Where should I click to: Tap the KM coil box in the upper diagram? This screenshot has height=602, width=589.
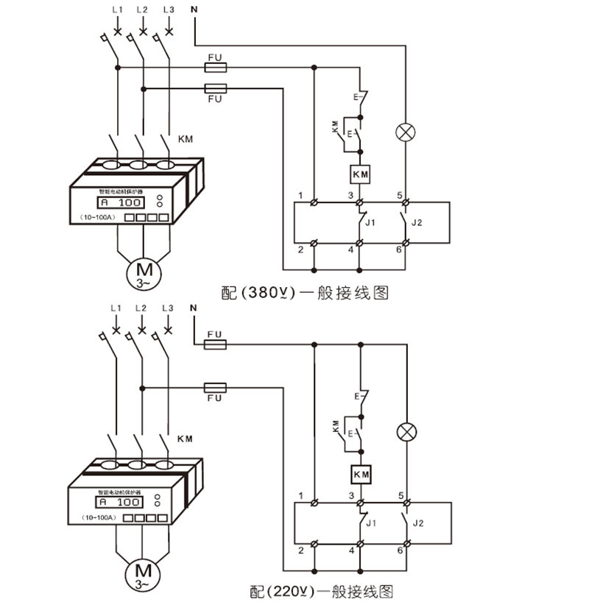[x=360, y=174]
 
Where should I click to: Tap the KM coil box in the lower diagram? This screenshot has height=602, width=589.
[x=360, y=475]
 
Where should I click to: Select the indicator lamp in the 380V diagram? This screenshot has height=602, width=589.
[x=405, y=132]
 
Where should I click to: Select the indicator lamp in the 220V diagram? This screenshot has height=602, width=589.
[x=405, y=432]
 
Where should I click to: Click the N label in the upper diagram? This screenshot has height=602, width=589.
[x=194, y=10]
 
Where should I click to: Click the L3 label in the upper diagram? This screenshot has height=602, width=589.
[x=169, y=10]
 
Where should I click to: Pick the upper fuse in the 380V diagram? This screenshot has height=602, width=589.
[x=215, y=67]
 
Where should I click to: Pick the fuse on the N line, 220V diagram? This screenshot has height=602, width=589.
[x=215, y=344]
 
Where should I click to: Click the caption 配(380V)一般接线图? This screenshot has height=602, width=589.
[x=304, y=292]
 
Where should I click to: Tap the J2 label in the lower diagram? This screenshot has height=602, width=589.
[x=418, y=523]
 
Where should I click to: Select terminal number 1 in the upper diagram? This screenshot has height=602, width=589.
[x=301, y=194]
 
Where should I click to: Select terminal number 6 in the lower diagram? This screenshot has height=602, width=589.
[x=400, y=550]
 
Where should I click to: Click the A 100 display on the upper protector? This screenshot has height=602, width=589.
[x=121, y=202]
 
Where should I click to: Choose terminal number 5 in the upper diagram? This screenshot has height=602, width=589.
[x=400, y=194]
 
